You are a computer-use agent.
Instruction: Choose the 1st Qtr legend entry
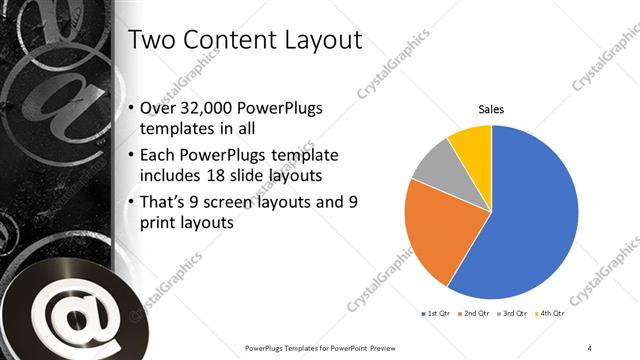click(436, 314)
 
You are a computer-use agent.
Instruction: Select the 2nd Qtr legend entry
click(475, 314)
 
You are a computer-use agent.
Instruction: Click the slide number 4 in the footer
click(590, 347)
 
